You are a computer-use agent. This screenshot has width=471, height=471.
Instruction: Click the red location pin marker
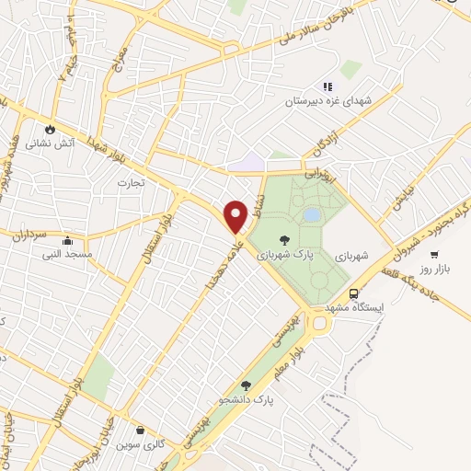click(236, 215)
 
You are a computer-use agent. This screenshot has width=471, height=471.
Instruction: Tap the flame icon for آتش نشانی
click(51, 130)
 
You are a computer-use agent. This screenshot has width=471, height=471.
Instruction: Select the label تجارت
click(126, 182)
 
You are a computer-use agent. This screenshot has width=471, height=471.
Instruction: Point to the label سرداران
click(28, 235)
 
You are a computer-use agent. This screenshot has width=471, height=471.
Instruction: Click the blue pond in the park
click(313, 214)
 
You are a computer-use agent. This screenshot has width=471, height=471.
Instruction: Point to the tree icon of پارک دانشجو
click(246, 386)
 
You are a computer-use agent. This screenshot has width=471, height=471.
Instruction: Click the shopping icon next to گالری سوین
click(139, 430)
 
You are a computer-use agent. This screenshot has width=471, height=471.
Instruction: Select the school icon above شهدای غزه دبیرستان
click(327, 86)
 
